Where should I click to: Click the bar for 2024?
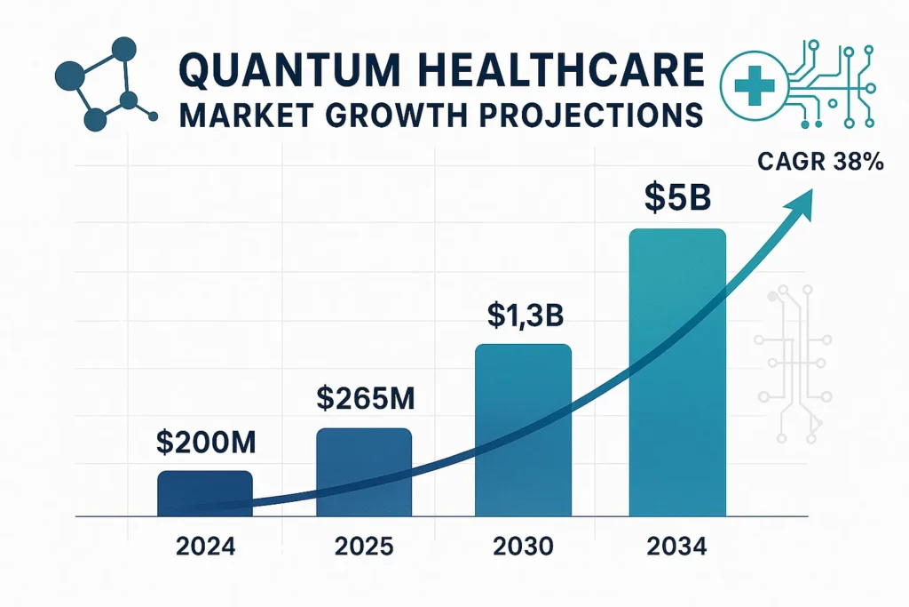tap(205, 493)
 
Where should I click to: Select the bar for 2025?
tap(364, 472)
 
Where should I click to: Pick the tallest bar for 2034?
tap(677, 372)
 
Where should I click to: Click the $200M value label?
tap(205, 441)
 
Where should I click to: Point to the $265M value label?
tap(365, 398)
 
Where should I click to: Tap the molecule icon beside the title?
tap(102, 84)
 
